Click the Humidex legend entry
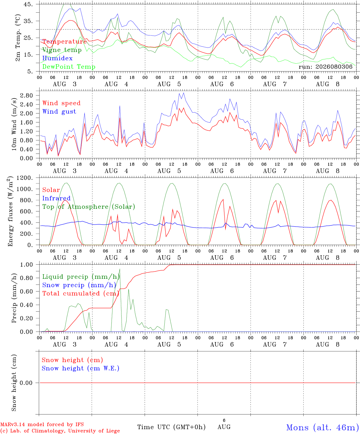pos(57,58)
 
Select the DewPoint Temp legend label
pos(69,67)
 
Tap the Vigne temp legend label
pos(62,50)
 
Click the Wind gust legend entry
pos(59,112)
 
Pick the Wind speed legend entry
pos(61,103)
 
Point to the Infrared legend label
pos(56,198)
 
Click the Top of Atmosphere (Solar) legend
pos(89,207)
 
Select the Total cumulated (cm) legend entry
pos(81,294)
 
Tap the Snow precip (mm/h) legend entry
pos(79,285)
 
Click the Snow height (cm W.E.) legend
pos(81,368)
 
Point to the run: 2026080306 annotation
pos(325,67)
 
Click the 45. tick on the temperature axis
pos(28,4)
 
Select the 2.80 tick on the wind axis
pos(27,96)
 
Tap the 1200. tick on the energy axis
pos(25,178)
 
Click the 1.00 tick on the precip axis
pos(27,265)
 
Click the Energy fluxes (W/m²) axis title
pos(10,211)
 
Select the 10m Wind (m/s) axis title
pos(14,124)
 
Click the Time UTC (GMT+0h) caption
pos(171,427)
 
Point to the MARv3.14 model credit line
pos(42,424)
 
